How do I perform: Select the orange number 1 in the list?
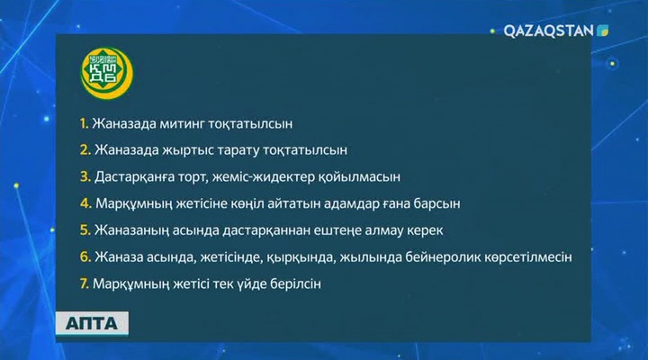pos(83,121)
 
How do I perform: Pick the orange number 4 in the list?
pos(84,202)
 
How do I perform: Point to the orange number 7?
pos(83,283)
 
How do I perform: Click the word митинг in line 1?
pos(187,121)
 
